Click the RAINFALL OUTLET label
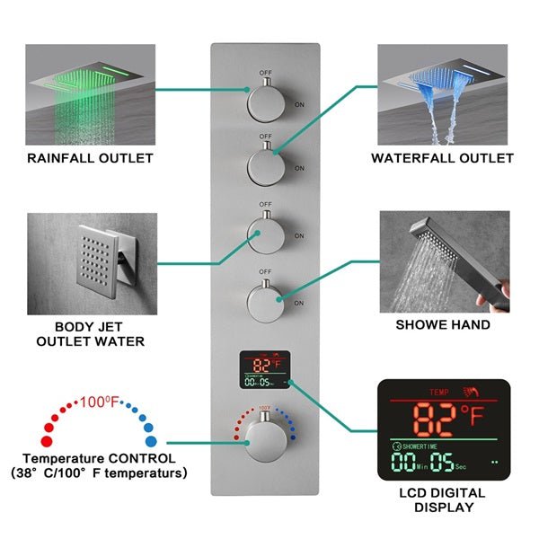pos(90,158)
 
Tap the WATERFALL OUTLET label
pos(443,158)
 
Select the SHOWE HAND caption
pos(444,324)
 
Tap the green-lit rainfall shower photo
pos(90,94)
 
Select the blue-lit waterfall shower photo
pos(443,94)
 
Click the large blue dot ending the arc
pos(150,442)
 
